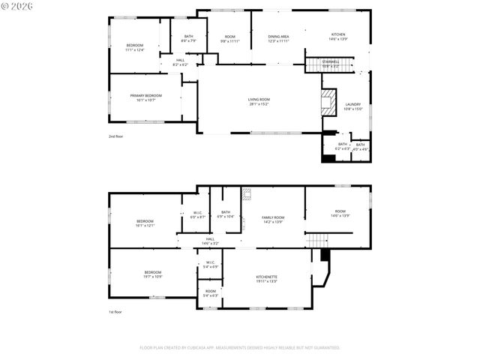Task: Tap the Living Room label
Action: point(259,101)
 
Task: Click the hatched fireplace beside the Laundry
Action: point(328,103)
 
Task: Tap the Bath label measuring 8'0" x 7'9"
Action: point(189,38)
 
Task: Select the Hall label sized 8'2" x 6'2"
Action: point(181,62)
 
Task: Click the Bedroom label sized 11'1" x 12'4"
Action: point(135,47)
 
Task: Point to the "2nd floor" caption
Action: point(115,136)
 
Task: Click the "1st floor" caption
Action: point(115,311)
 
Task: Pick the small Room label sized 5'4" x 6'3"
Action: point(211,293)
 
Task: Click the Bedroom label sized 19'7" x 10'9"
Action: point(153,274)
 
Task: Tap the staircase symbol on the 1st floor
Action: point(319,240)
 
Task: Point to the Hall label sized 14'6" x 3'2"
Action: point(210,241)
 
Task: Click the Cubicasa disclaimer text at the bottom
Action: point(240,347)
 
